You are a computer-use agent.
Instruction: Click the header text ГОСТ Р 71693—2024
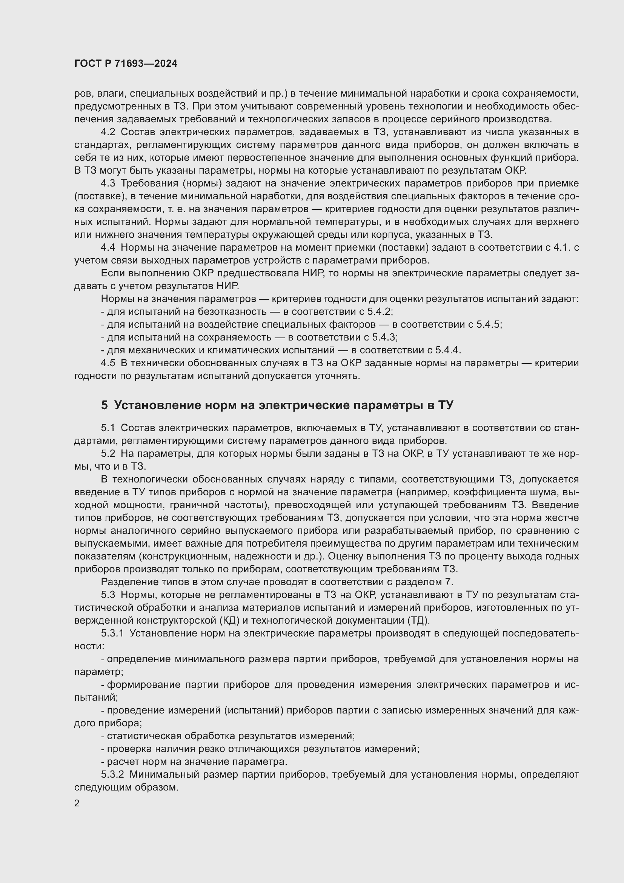(126, 64)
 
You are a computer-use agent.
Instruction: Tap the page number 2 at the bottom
(77, 803)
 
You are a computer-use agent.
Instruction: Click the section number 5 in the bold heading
(105, 405)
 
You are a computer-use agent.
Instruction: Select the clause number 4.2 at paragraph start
(108, 132)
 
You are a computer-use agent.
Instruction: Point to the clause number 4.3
(108, 183)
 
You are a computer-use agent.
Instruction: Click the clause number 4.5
(108, 363)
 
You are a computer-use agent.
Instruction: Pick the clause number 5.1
(108, 428)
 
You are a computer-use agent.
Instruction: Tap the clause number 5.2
(108, 454)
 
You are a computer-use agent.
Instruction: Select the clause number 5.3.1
(112, 633)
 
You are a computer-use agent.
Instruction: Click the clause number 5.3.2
(112, 775)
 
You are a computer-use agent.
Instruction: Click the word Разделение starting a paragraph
(125, 582)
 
